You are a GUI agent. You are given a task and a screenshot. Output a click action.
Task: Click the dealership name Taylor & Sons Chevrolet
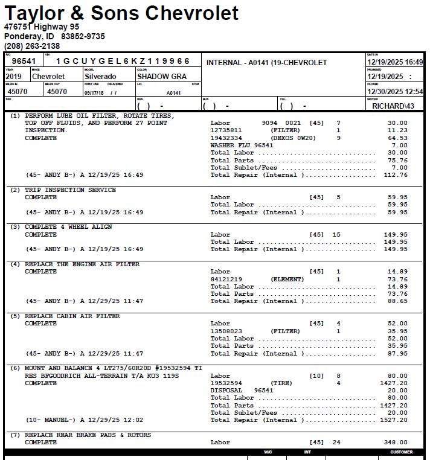point(121,13)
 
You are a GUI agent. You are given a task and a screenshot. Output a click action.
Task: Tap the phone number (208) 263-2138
point(32,46)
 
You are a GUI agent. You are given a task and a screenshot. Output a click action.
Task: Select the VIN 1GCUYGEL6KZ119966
point(123,61)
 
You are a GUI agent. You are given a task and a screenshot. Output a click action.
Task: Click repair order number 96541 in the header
point(24,61)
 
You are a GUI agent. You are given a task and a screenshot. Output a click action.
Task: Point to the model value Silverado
point(101,77)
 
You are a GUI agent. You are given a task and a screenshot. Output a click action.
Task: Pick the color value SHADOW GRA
point(162,77)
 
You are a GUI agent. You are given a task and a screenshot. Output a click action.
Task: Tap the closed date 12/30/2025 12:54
point(395,92)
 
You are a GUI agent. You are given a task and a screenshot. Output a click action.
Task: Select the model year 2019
point(13,77)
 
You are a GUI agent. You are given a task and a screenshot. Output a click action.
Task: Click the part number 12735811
point(226,130)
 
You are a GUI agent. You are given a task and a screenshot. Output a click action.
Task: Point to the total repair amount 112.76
point(396,175)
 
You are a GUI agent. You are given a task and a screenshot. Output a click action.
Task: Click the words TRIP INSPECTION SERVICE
point(70,190)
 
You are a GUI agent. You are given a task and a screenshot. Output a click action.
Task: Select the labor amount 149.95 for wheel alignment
point(396,235)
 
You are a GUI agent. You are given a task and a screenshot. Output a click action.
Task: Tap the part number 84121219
point(226,280)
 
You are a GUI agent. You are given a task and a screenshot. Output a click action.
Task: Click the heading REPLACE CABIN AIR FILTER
point(72,316)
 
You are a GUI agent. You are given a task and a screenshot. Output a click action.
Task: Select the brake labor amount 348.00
point(396,442)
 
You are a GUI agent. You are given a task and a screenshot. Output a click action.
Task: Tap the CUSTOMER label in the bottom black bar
point(402,452)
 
